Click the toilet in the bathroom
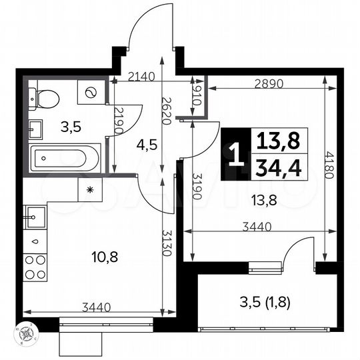(45, 99)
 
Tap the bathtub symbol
(64, 159)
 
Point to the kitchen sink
(35, 215)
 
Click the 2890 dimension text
(270, 85)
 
